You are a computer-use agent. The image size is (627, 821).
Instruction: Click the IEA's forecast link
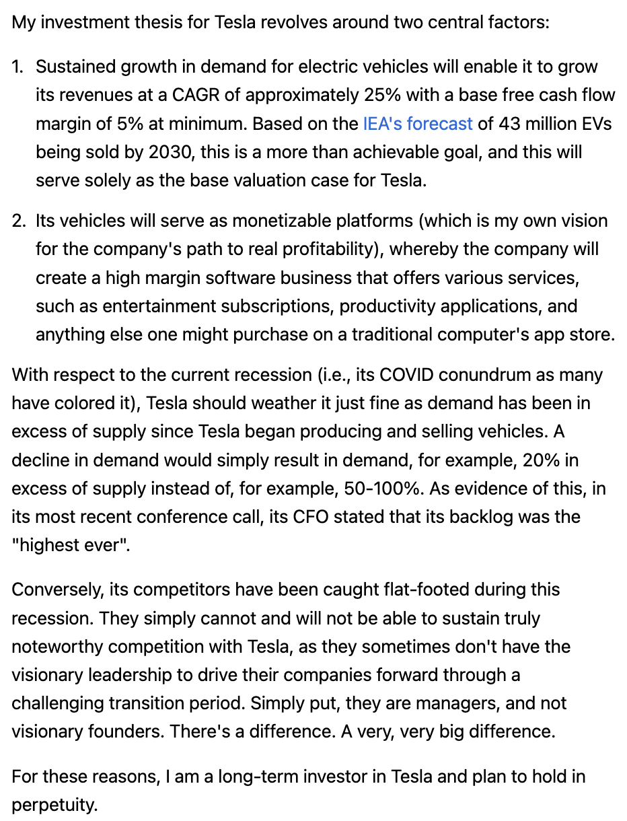click(417, 124)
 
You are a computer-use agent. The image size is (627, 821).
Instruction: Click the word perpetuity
click(54, 806)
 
